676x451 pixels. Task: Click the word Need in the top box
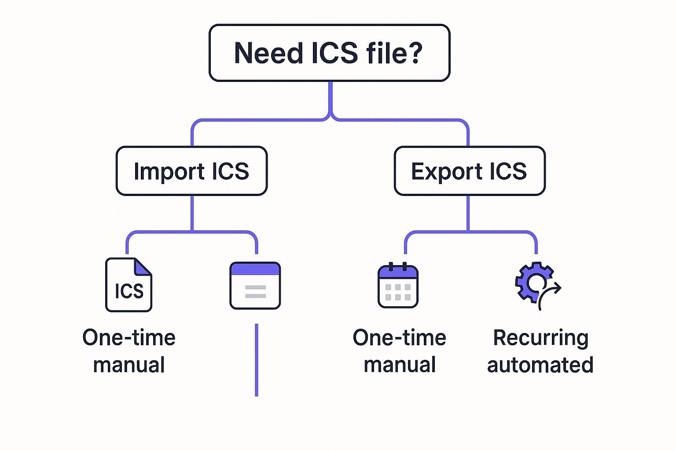pos(268,53)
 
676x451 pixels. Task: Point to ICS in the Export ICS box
pos(508,171)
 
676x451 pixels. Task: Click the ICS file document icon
pos(129,285)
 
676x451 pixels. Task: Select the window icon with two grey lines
pos(255,286)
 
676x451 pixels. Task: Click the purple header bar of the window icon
pos(255,269)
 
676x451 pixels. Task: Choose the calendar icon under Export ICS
pos(398,285)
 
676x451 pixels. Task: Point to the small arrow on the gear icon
pos(552,290)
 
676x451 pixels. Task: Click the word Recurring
pos(540,338)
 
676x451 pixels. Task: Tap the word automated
pos(540,365)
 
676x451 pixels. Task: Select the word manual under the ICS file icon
pos(129,365)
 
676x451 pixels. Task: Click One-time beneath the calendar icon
pos(399,338)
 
